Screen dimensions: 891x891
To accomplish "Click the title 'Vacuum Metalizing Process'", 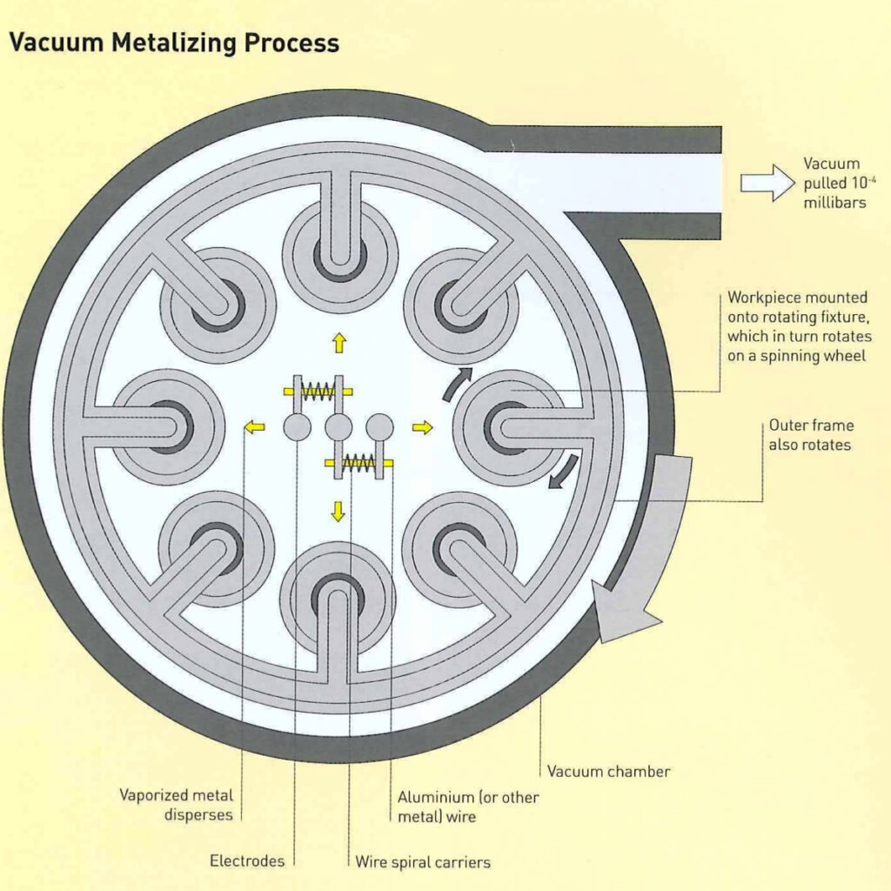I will point(173,43).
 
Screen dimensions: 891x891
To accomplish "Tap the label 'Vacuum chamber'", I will point(608,771).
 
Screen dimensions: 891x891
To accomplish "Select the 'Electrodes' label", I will point(247,861).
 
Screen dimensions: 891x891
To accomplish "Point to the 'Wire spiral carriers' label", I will point(423,862).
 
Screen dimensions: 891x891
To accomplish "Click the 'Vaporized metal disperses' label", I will point(176,805).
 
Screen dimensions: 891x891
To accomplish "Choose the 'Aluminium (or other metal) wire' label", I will point(468,807).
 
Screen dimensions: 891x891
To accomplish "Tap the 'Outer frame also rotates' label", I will point(811,435).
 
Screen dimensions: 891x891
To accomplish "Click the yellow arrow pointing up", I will point(338,344).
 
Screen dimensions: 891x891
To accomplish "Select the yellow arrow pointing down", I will point(338,512).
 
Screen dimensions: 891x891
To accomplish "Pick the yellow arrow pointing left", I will point(253,426).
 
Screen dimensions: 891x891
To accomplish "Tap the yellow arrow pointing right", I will point(422,426).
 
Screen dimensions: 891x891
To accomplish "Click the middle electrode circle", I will point(338,426).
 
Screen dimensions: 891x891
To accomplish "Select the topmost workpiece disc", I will point(339,245).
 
